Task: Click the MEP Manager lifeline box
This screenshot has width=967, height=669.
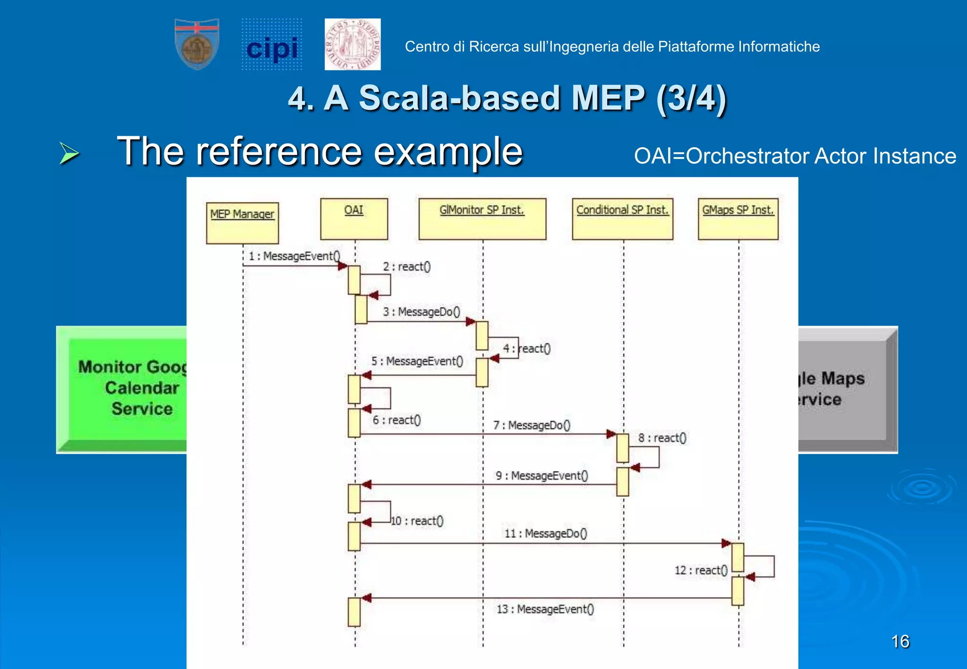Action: click(x=242, y=223)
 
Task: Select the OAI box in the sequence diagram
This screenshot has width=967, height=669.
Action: click(x=354, y=218)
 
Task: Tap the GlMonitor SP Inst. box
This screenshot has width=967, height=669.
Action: click(x=482, y=218)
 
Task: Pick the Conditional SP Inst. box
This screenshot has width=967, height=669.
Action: click(x=622, y=218)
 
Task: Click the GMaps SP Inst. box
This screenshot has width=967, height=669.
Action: click(x=738, y=218)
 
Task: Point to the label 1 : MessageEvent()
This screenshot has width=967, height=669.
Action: click(x=294, y=256)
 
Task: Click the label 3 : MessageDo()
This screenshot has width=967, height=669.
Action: click(x=421, y=312)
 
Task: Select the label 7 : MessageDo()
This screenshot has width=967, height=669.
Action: click(x=532, y=426)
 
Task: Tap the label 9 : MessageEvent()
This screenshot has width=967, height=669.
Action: click(x=542, y=476)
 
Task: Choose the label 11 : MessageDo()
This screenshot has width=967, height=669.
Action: click(x=546, y=534)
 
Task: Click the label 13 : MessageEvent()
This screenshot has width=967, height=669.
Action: click(x=545, y=609)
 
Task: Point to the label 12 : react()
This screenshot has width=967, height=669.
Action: click(x=701, y=570)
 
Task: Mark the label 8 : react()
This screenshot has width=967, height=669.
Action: click(x=662, y=438)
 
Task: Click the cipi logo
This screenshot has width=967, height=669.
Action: click(x=272, y=45)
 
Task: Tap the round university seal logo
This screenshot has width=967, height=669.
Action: click(x=353, y=45)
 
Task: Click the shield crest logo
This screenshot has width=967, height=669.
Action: click(x=197, y=44)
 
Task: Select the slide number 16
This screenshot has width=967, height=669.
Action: click(x=900, y=642)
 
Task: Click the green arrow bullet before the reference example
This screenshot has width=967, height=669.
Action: click(x=69, y=153)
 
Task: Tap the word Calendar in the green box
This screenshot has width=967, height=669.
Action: click(x=142, y=388)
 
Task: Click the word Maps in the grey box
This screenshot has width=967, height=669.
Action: click(x=843, y=378)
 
